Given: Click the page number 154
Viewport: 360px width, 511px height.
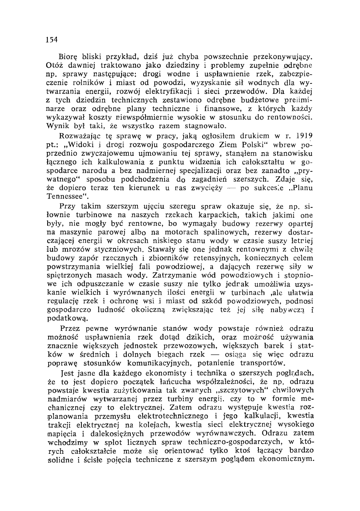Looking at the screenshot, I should (53, 40).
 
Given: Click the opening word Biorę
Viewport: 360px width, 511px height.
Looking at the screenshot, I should (67, 57).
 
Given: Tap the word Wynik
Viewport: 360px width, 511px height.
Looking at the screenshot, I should (57, 126).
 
